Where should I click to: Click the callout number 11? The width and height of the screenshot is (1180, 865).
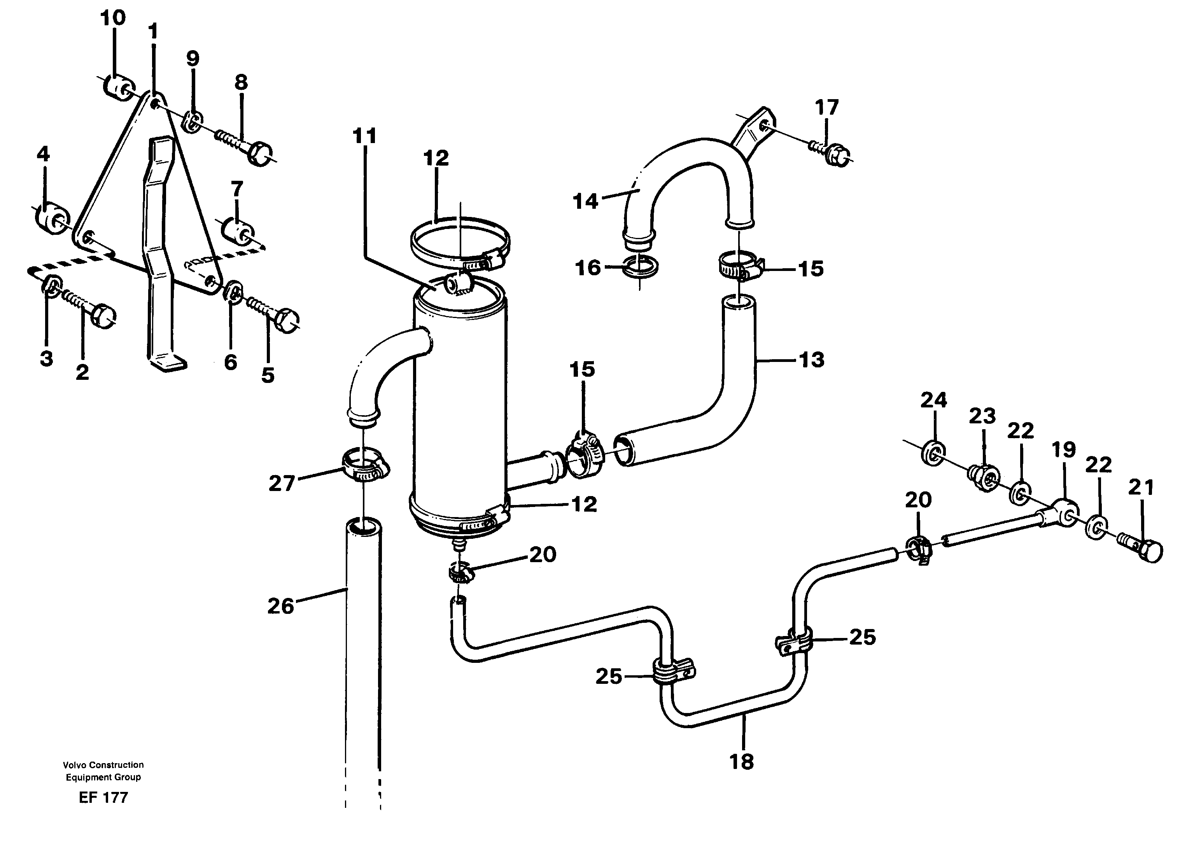pyautogui.click(x=364, y=137)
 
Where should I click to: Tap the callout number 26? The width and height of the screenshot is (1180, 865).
pyautogui.click(x=281, y=606)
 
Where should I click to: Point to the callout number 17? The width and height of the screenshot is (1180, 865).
pyautogui.click(x=827, y=108)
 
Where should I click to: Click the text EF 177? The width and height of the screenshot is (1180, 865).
pyautogui.click(x=103, y=797)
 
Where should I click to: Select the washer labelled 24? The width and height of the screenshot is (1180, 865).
pyautogui.click(x=933, y=451)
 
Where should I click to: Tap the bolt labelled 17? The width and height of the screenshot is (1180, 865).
pyautogui.click(x=833, y=152)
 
